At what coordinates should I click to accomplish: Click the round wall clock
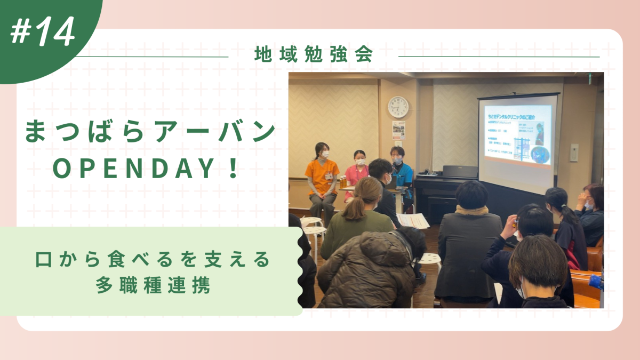pyautogui.click(x=398, y=107)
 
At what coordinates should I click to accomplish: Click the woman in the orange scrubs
pyautogui.click(x=322, y=176)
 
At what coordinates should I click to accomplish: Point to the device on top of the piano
pyautogui.click(x=460, y=171)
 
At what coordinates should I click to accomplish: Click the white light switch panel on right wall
pyautogui.click(x=574, y=152)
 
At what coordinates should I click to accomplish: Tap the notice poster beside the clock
pyautogui.click(x=398, y=130)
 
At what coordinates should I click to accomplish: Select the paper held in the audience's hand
pyautogui.click(x=413, y=220)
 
